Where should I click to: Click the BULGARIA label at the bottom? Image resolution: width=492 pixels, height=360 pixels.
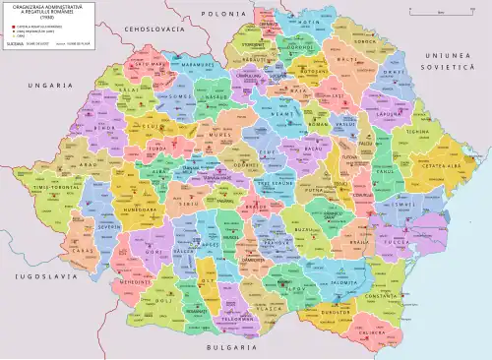tap(224, 347)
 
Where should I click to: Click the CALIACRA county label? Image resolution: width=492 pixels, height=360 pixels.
tap(374, 332)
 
